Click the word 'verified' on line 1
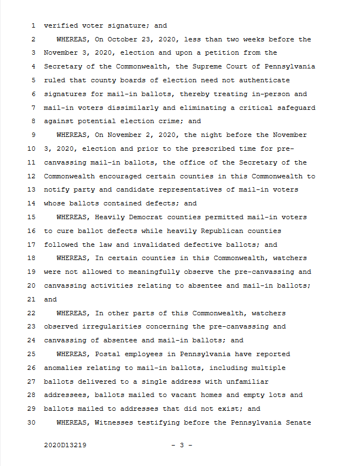[x=61, y=25]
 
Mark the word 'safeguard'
[x=297, y=108]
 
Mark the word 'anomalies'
[x=63, y=368]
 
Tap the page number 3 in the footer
[x=181, y=444]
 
